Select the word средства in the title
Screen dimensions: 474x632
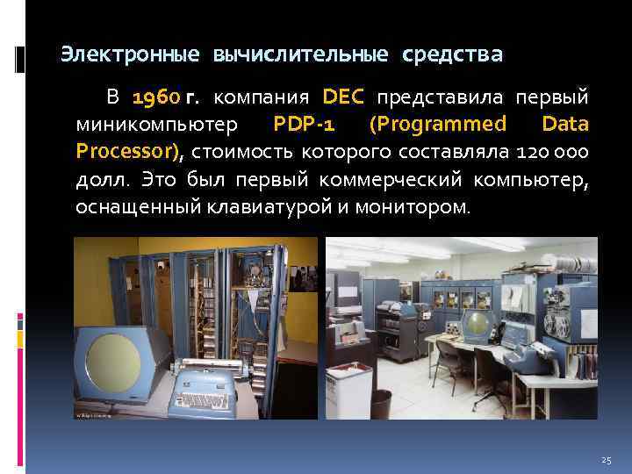(453, 55)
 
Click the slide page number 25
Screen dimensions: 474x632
(605, 460)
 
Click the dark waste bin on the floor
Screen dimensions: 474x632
(381, 404)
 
